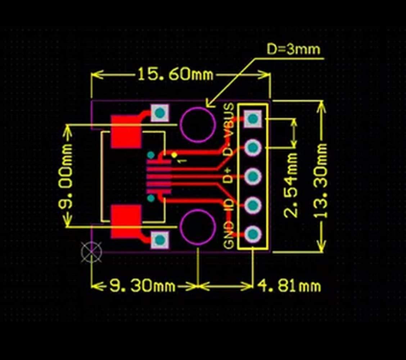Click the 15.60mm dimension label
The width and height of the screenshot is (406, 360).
(175, 74)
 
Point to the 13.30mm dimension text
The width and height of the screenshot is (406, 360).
(320, 181)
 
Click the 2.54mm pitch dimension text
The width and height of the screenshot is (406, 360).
(291, 185)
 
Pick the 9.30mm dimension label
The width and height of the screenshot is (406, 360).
(142, 286)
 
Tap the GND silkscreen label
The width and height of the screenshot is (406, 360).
(229, 235)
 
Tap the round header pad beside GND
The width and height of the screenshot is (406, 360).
(253, 234)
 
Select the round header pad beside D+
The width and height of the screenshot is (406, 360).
(253, 176)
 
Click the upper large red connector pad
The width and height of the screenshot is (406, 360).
(126, 132)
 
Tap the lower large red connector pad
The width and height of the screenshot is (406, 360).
(126, 222)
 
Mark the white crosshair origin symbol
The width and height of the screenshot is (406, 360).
(91, 252)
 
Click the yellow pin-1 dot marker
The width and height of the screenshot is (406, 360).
(174, 155)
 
